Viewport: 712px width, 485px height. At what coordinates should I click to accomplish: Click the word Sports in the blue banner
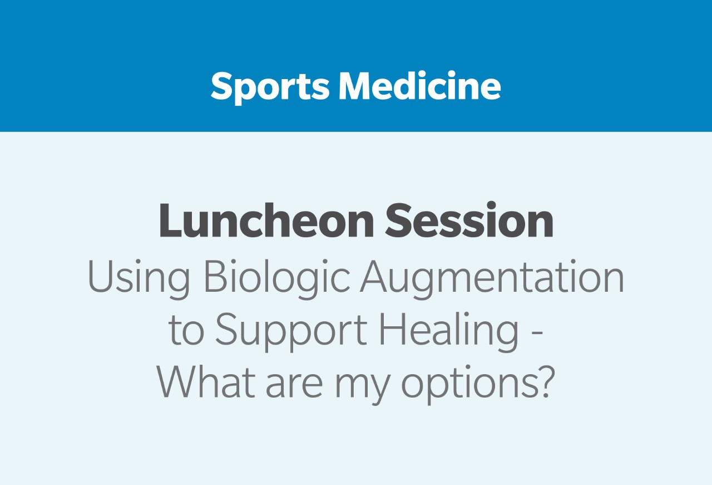pos(270,87)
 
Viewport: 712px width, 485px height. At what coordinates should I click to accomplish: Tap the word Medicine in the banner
pos(420,85)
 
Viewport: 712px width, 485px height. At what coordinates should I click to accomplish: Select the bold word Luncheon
pos(266,221)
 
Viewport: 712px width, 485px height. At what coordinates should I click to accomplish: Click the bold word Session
pos(469,220)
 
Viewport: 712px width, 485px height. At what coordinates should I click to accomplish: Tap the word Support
pos(291,332)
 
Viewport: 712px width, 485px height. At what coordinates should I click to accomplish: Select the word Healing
pos(449,332)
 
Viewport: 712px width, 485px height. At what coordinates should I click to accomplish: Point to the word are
pos(294,386)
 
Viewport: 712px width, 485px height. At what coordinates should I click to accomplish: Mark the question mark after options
pos(546,381)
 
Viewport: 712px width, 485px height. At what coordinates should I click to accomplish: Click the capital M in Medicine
pos(354,86)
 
